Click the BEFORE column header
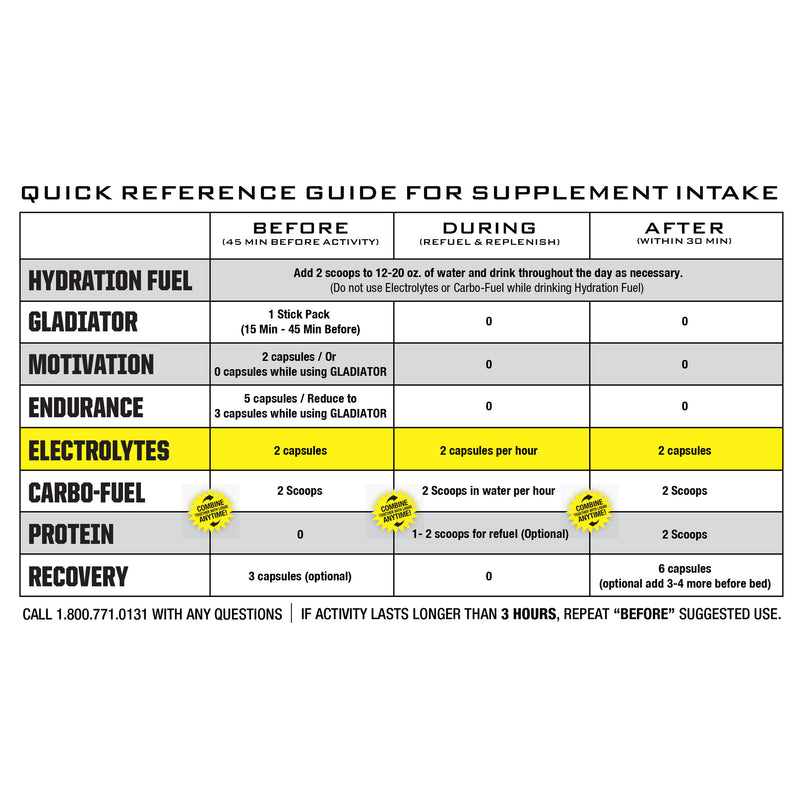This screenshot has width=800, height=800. (x=301, y=229)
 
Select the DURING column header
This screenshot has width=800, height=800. (x=489, y=229)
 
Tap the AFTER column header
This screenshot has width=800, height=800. (x=684, y=229)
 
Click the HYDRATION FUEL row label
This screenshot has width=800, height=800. (x=111, y=280)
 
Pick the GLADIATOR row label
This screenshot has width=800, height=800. (x=83, y=322)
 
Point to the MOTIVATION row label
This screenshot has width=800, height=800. (x=91, y=364)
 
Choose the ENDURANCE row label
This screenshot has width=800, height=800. (x=86, y=407)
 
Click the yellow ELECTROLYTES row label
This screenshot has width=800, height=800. (x=98, y=450)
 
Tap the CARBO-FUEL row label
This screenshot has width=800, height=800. (x=87, y=492)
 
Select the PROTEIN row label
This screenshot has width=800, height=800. (x=71, y=534)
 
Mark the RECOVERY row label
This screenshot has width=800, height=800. (x=78, y=576)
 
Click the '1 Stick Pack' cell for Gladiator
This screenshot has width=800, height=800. (x=301, y=322)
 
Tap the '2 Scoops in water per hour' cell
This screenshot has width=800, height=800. (x=489, y=491)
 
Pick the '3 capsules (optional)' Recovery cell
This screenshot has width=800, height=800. (x=301, y=576)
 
